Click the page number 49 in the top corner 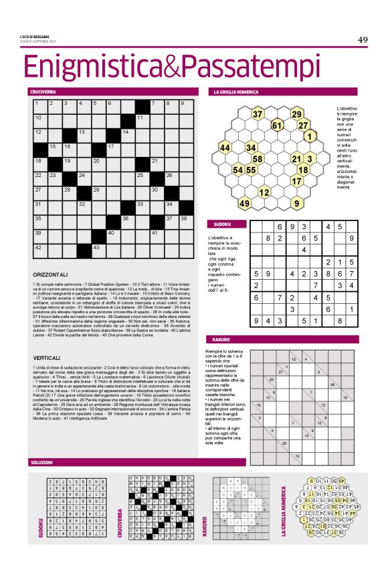[362, 39]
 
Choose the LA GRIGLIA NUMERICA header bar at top [284, 91]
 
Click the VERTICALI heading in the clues [47, 358]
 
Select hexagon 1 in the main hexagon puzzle [309, 136]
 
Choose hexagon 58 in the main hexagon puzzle [257, 158]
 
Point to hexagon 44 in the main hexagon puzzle [225, 148]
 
